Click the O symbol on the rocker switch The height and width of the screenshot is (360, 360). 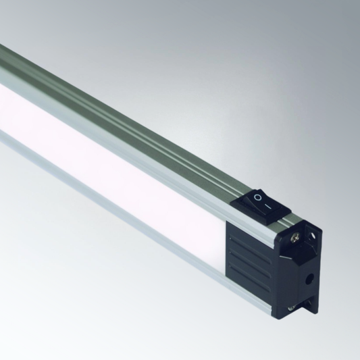(257, 197)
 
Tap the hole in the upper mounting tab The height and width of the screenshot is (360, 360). (312, 234)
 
